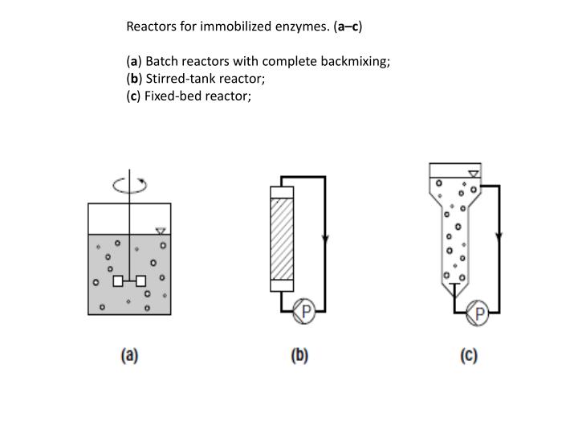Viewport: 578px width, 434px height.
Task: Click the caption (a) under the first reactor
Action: click(128, 355)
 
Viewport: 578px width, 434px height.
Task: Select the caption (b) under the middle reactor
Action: click(299, 355)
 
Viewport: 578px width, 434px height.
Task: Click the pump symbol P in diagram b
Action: click(304, 310)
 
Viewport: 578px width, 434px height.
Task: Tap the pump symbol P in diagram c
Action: click(478, 313)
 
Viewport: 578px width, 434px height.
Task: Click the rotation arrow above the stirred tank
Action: click(129, 186)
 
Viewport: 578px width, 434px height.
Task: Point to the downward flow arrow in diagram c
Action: click(499, 237)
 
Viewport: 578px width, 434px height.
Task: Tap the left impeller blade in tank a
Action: click(117, 281)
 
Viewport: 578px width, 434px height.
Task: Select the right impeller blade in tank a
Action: click(141, 281)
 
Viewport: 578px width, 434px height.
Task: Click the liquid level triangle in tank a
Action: click(160, 231)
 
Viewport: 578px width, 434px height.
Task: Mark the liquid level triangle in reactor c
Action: click(474, 172)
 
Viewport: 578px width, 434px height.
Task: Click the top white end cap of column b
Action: click(283, 193)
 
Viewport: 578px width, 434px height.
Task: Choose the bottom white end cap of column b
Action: click(283, 284)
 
